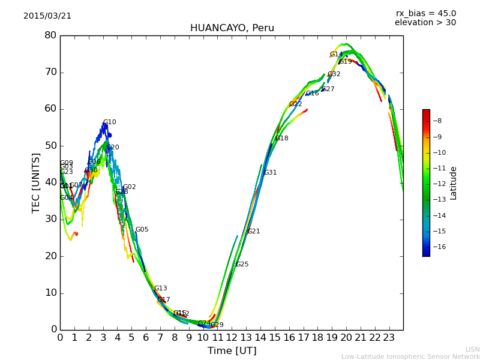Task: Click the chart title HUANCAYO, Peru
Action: (x=232, y=28)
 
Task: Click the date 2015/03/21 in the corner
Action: (x=47, y=16)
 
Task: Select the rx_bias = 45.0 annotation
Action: (x=425, y=13)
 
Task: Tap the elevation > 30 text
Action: (x=425, y=23)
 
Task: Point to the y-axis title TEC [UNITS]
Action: (x=36, y=182)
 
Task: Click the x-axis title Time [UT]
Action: (x=232, y=351)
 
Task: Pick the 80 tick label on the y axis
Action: (x=50, y=35)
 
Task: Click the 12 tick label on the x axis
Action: (x=232, y=338)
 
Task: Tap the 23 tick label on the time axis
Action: (x=389, y=338)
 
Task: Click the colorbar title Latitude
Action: (x=454, y=182)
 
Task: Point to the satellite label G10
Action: (x=110, y=122)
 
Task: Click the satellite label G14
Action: (x=336, y=55)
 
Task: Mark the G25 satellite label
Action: (x=242, y=265)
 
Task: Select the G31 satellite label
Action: (x=271, y=173)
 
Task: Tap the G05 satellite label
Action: (x=142, y=230)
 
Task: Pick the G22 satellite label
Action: (x=296, y=104)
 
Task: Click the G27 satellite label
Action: (x=328, y=89)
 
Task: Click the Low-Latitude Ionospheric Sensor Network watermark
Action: (x=410, y=356)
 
